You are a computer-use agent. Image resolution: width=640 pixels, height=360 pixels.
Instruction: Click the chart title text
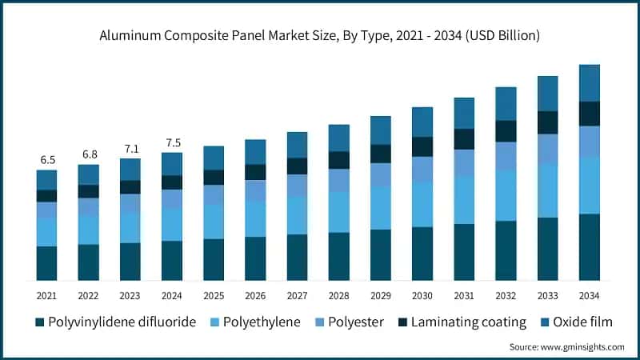tap(320, 36)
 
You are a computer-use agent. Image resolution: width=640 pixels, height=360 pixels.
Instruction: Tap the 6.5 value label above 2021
tap(46, 159)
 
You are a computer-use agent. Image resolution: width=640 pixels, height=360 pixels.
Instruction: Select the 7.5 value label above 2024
tap(172, 143)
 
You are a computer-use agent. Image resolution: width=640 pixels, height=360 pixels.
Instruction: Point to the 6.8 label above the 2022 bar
tap(88, 154)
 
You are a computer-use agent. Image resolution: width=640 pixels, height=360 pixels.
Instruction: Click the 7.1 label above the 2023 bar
tap(130, 149)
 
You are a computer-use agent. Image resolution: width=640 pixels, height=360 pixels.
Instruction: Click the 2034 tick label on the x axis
tap(590, 295)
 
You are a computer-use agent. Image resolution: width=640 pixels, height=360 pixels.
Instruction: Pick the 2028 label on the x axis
tap(339, 295)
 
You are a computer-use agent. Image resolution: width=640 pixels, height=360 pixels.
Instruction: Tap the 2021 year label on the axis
tap(46, 295)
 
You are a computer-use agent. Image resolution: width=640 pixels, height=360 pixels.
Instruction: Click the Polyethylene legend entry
tap(255, 322)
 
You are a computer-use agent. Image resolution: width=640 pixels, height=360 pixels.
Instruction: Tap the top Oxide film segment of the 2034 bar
tap(590, 83)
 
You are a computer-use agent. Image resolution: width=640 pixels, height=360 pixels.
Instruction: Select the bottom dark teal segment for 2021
tap(46, 263)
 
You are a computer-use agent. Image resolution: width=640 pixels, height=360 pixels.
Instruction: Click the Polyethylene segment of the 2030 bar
tap(422, 204)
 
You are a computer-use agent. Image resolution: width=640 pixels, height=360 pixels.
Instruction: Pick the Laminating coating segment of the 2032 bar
tap(506, 131)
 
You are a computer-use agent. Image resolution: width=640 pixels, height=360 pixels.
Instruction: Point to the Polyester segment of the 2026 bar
tap(255, 190)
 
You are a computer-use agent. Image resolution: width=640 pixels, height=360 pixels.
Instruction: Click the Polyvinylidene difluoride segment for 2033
tap(548, 249)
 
